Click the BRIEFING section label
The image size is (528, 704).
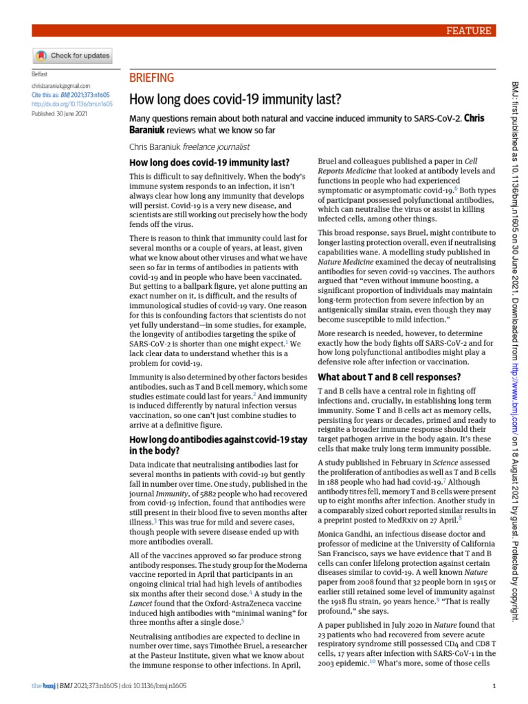pyautogui.click(x=152, y=78)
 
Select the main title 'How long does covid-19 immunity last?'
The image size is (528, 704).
pyautogui.click(x=227, y=99)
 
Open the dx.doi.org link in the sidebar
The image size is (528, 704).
pyautogui.click(x=72, y=104)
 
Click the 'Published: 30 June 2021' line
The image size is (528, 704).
pyautogui.click(x=60, y=113)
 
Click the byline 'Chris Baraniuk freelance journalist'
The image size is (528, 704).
pyautogui.click(x=189, y=146)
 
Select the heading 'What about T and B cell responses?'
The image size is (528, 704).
pyautogui.click(x=389, y=377)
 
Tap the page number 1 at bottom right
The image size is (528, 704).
pyautogui.click(x=495, y=685)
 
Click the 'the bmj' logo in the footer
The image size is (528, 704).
pyautogui.click(x=43, y=685)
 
